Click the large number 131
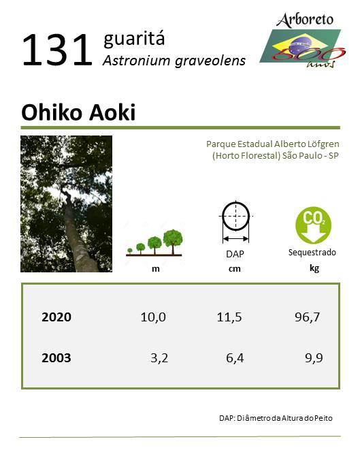click(x=57, y=50)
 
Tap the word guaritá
click(x=134, y=39)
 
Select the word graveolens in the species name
click(x=210, y=61)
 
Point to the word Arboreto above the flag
click(x=305, y=20)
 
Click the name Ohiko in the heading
click(x=51, y=112)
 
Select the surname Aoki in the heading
click(x=112, y=112)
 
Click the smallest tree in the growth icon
click(x=130, y=251)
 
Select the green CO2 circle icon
click(x=313, y=225)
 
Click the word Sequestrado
click(x=312, y=253)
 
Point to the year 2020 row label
click(x=56, y=317)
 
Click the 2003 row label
click(x=56, y=358)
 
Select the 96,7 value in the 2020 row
click(x=307, y=317)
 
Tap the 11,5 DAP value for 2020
click(x=229, y=317)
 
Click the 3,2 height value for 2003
click(x=159, y=358)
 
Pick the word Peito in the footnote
click(x=324, y=418)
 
